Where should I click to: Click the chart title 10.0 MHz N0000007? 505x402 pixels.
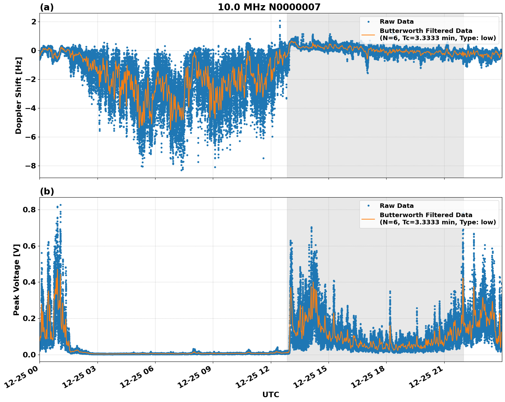click(x=269, y=7)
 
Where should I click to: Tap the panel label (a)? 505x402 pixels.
click(x=47, y=7)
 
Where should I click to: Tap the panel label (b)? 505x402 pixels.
click(x=47, y=191)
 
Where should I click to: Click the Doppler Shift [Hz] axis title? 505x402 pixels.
click(x=19, y=95)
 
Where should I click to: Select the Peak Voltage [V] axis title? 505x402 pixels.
click(x=16, y=280)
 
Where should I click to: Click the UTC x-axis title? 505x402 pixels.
click(x=271, y=394)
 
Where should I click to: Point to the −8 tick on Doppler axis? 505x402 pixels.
click(x=31, y=166)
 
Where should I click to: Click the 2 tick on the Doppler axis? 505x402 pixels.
click(x=34, y=22)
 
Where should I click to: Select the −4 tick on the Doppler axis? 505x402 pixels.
click(x=31, y=108)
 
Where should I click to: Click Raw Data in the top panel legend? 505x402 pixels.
click(x=397, y=22)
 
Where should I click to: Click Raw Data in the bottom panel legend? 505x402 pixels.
click(x=397, y=206)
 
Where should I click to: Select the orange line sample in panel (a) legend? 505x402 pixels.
click(x=368, y=35)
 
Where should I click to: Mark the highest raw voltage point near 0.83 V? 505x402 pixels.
click(x=60, y=205)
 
